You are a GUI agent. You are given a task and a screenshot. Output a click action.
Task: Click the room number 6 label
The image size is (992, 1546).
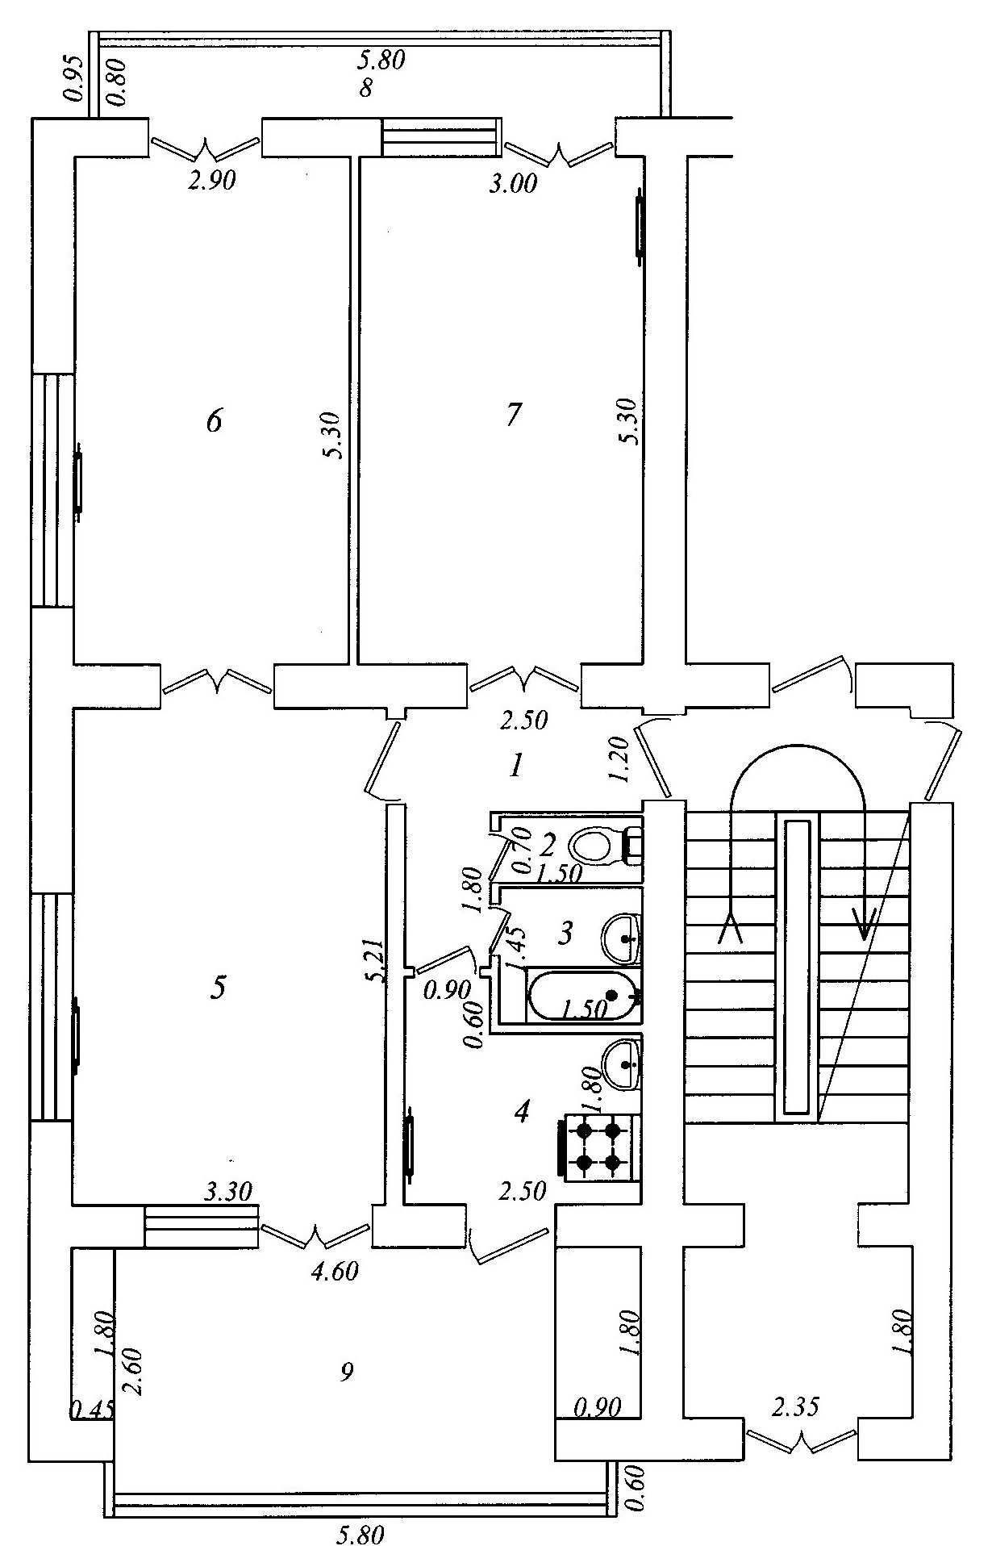(x=214, y=420)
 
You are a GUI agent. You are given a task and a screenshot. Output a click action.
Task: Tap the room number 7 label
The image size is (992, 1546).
(x=513, y=415)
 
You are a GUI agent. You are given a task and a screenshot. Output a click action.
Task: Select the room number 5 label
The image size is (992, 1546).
(x=219, y=988)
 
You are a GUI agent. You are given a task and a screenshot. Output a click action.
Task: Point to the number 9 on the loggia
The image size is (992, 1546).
(x=347, y=1371)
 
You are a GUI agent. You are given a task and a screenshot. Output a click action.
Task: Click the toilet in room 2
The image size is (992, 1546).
(x=605, y=846)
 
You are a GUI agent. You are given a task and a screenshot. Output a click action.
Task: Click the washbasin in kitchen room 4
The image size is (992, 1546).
(x=621, y=1064)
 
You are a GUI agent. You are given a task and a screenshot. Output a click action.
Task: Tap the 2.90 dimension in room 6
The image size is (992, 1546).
(x=211, y=181)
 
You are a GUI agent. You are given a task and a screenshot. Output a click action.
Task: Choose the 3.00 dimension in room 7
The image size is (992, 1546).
(x=514, y=184)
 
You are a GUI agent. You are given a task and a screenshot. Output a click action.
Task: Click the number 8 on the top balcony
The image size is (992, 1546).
(x=366, y=88)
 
